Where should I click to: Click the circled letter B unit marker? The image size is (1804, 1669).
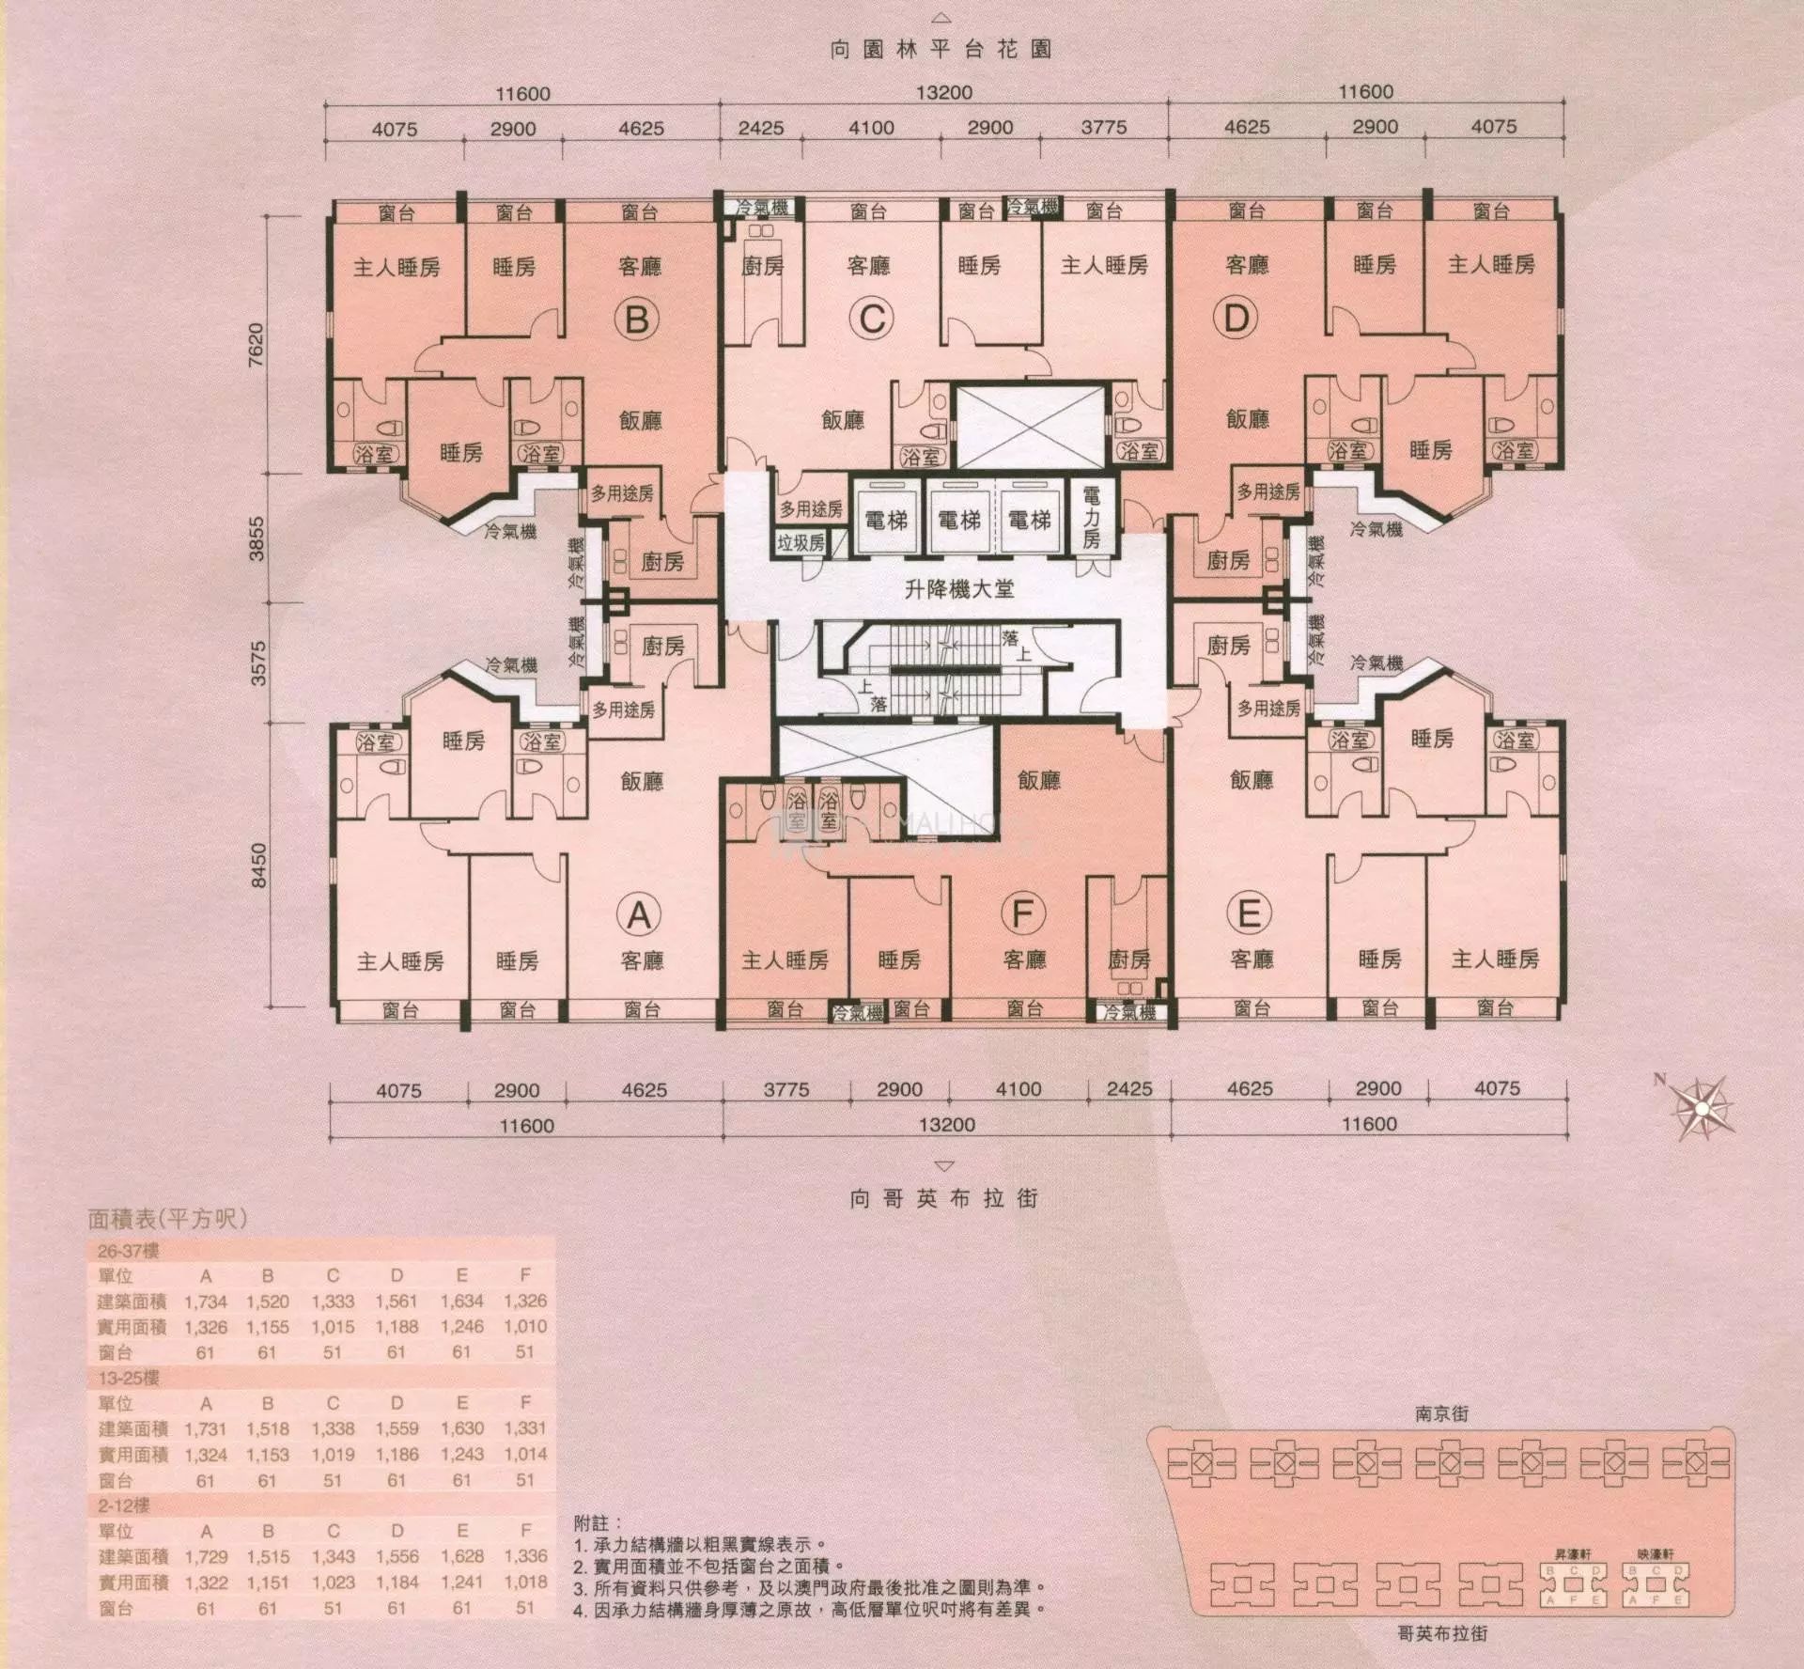pyautogui.click(x=636, y=320)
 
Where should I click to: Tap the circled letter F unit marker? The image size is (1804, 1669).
pyautogui.click(x=1022, y=913)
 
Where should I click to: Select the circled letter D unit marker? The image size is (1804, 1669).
pyautogui.click(x=1235, y=319)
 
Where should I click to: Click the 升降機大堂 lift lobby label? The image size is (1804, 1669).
pyautogui.click(x=958, y=589)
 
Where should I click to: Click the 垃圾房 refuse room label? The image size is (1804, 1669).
pyautogui.click(x=801, y=542)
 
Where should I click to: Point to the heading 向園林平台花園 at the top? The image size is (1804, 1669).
pyautogui.click(x=941, y=49)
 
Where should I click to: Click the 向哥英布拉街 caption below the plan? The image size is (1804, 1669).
pyautogui.click(x=945, y=1198)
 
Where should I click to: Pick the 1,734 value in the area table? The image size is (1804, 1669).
pyautogui.click(x=206, y=1302)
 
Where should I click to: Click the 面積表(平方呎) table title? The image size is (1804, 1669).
pyautogui.click(x=167, y=1219)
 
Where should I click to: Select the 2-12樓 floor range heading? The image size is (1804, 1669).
pyautogui.click(x=124, y=1505)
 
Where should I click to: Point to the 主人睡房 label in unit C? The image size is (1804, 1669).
pyautogui.click(x=1104, y=266)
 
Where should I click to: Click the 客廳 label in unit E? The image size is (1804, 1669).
pyautogui.click(x=1251, y=959)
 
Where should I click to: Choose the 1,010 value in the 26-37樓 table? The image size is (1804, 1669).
pyautogui.click(x=525, y=1327)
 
